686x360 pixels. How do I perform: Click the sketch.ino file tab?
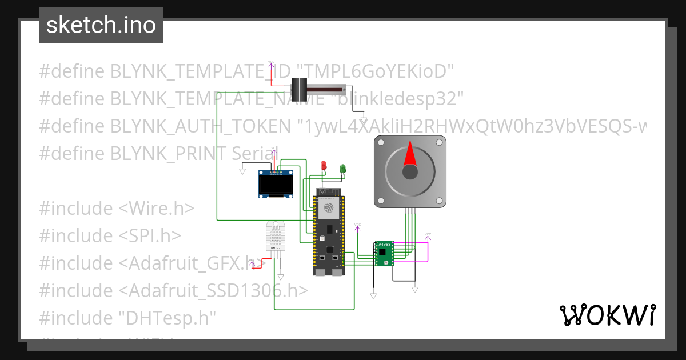pos(101,25)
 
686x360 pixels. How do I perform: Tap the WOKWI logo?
pos(607,315)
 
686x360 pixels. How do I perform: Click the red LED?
pos(324,166)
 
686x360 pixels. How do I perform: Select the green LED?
pos(343,169)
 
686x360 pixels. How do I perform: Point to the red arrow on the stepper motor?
pos(410,154)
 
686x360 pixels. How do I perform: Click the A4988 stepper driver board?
pos(384,254)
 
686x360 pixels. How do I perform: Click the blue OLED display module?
pos(275,185)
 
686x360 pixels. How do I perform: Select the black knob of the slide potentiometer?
pos(300,89)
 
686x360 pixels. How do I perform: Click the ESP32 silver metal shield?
pos(328,210)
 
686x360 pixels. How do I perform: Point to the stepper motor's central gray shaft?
pos(410,171)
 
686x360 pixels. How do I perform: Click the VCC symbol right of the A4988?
pos(427,236)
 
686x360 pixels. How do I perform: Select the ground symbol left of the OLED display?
pos(242,171)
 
